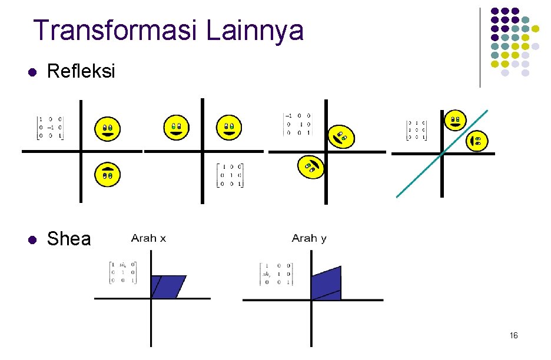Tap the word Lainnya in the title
click(x=255, y=31)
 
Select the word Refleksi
click(x=81, y=72)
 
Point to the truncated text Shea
click(x=69, y=239)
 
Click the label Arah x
click(x=148, y=238)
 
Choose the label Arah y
click(x=309, y=238)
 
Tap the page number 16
click(x=513, y=335)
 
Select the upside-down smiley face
click(x=107, y=174)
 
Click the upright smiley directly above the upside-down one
click(x=107, y=128)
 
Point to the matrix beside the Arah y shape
click(x=276, y=274)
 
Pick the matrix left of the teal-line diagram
click(x=416, y=130)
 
